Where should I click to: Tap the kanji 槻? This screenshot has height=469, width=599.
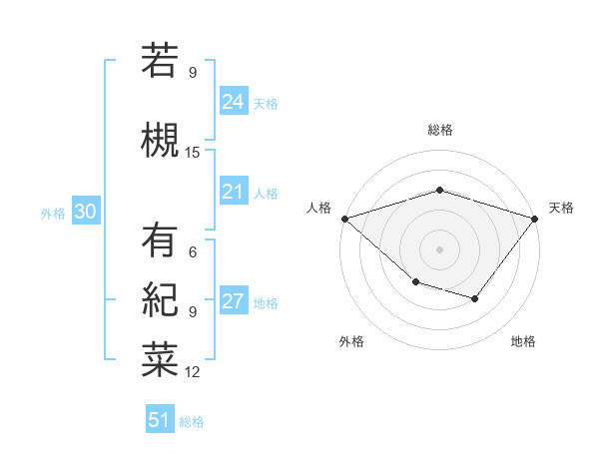(160, 140)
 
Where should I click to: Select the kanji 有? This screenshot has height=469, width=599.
(160, 240)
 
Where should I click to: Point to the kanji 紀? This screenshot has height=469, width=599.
(160, 300)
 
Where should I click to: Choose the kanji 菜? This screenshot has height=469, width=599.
(160, 360)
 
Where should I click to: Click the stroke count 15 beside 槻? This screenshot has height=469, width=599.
(193, 153)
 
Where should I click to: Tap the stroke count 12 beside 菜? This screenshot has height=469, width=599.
(193, 372)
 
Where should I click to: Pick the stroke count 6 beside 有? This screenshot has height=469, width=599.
(193, 252)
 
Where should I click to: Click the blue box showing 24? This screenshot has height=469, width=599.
(233, 101)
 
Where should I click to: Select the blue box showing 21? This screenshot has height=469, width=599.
(233, 191)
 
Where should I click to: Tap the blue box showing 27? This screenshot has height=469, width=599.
(233, 301)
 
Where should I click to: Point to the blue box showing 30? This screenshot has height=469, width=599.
(85, 212)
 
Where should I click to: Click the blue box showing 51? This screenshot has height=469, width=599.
(160, 420)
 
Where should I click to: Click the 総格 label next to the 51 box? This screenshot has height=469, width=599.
(192, 422)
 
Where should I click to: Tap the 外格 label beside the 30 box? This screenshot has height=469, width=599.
(53, 214)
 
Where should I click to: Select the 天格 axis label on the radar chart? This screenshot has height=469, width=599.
(561, 208)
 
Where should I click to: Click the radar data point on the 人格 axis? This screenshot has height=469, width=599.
(344, 218)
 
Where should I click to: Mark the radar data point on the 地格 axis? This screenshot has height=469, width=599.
(475, 298)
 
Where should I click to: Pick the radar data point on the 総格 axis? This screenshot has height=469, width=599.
(439, 190)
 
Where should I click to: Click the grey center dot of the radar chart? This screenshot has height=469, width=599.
(439, 248)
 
